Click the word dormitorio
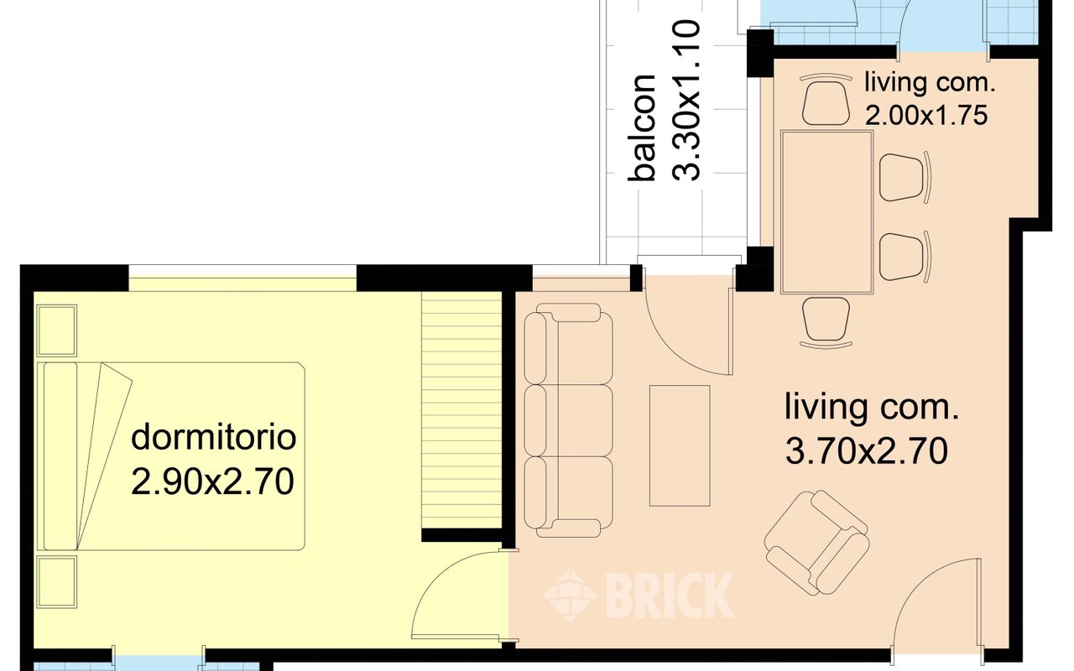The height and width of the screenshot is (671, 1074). (x=213, y=437)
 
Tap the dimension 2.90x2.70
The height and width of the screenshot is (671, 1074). (x=212, y=481)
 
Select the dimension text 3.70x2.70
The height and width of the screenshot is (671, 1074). (x=867, y=451)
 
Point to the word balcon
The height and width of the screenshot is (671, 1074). (x=642, y=128)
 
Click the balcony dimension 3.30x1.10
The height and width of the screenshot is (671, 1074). (x=686, y=101)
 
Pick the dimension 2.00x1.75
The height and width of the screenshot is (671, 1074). (x=925, y=116)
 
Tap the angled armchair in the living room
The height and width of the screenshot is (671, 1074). (x=816, y=543)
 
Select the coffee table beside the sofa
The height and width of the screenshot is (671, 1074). (x=680, y=445)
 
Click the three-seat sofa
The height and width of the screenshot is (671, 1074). (x=568, y=420)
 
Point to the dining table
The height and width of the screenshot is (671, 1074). (x=826, y=212)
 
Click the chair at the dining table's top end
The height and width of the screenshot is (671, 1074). (x=826, y=100)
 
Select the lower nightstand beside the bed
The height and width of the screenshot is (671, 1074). (x=57, y=582)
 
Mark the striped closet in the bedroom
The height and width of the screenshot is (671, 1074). (x=461, y=411)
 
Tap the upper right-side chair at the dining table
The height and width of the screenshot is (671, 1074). (x=905, y=177)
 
